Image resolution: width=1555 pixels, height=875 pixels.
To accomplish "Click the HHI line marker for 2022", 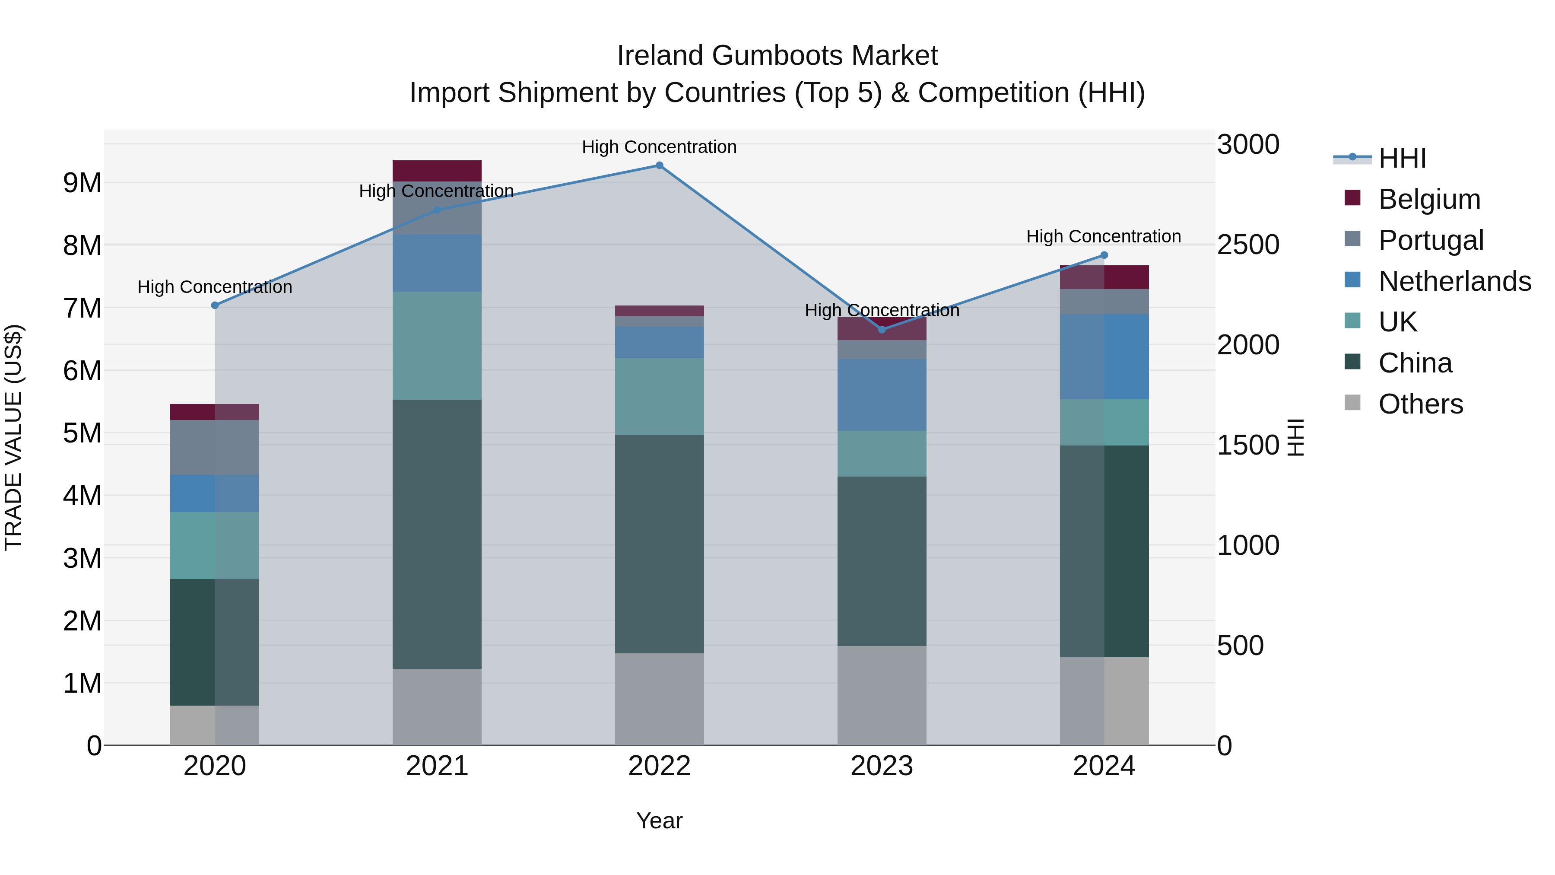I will pyautogui.click(x=659, y=165).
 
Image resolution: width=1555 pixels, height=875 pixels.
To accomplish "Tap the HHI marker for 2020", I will pyautogui.click(x=215, y=305).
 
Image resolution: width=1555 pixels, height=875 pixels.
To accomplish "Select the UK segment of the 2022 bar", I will pyautogui.click(x=659, y=396).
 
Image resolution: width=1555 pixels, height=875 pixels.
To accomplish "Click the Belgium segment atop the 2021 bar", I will pyautogui.click(x=437, y=170).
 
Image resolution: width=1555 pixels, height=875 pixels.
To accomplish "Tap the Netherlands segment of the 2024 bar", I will pyautogui.click(x=1104, y=356).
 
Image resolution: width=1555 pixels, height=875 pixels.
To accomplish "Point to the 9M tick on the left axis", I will pyautogui.click(x=82, y=182).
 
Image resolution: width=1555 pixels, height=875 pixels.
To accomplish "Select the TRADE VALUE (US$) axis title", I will pyautogui.click(x=13, y=437).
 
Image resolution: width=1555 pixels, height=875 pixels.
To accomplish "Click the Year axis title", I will pyautogui.click(x=659, y=821).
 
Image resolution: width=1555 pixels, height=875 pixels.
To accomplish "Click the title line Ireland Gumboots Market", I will pyautogui.click(x=777, y=56).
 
